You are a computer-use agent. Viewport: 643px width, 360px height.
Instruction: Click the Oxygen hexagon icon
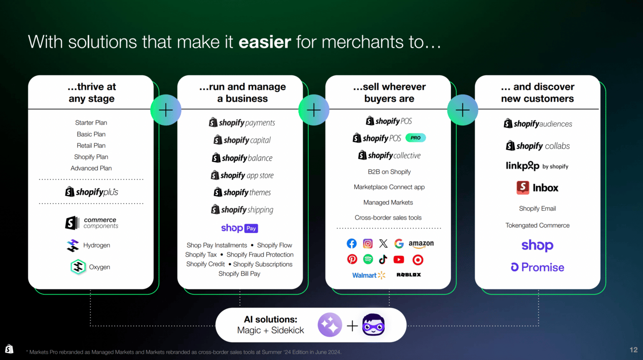[78, 267]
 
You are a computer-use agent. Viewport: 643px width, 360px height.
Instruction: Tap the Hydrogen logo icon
[73, 245]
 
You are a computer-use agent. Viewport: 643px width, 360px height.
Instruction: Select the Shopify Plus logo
[92, 192]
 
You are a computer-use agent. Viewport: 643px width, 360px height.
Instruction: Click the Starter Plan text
[91, 122]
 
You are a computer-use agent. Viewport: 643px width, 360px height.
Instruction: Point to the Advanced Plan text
[91, 168]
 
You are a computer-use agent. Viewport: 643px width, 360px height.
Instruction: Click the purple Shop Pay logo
[239, 228]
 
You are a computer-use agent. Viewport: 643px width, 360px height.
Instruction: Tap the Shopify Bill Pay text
[239, 274]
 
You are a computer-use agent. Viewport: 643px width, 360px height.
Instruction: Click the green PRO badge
[416, 138]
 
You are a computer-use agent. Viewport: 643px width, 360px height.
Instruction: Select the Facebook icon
[352, 243]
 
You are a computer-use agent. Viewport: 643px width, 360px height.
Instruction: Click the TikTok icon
[383, 259]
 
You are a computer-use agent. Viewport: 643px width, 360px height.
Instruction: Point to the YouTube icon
[399, 259]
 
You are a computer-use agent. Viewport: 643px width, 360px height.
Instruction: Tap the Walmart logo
[369, 275]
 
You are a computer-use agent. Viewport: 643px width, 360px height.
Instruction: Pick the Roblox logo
[409, 275]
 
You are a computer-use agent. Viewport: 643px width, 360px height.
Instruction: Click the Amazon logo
[421, 244]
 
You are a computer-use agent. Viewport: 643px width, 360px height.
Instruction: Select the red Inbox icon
[523, 188]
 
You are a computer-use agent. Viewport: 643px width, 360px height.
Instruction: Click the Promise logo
[537, 267]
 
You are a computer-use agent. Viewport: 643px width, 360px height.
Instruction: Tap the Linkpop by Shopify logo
[537, 166]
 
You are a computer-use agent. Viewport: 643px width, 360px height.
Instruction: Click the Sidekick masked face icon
[373, 326]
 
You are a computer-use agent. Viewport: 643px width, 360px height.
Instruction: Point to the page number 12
[634, 350]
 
